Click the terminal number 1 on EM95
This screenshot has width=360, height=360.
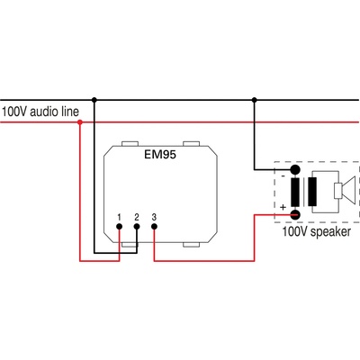tap(119, 217)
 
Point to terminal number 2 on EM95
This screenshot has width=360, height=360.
tap(136, 217)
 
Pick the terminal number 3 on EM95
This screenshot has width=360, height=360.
tap(154, 217)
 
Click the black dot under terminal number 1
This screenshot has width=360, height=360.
tap(119, 228)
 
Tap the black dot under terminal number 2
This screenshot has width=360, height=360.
tap(136, 228)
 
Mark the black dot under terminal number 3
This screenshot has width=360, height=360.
tap(154, 228)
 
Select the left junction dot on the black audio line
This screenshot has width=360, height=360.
tap(94, 99)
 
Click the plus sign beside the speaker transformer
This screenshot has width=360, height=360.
tap(283, 208)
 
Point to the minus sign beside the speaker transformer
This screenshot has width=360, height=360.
tap(283, 177)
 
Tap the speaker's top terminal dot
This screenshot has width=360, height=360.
tap(294, 169)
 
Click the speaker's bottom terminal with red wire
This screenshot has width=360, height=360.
tap(294, 213)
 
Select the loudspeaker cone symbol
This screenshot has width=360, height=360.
tap(342, 191)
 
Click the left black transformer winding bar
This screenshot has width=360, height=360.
tap(295, 191)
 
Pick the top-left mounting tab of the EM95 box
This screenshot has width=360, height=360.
tap(130, 141)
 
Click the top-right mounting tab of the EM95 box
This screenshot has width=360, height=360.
tap(191, 141)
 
